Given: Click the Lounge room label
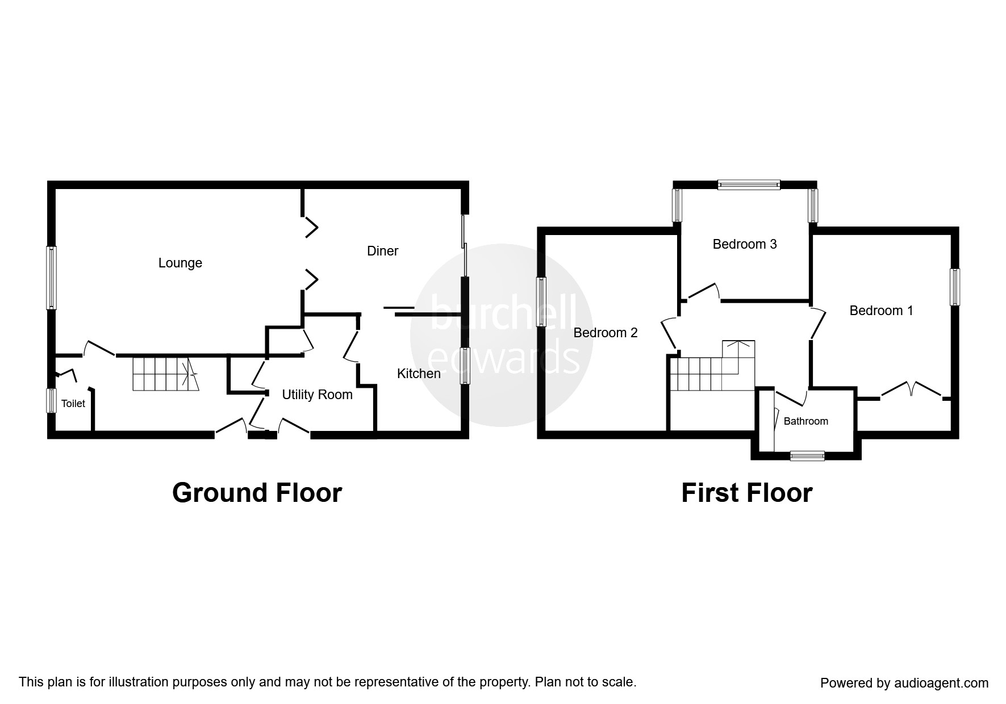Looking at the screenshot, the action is pyautogui.click(x=180, y=263).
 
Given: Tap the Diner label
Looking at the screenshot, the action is pyautogui.click(x=383, y=251).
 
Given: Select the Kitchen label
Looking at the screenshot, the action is pyautogui.click(x=419, y=374).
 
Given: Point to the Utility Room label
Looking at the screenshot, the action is pyautogui.click(x=317, y=395).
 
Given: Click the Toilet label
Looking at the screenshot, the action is pyautogui.click(x=73, y=404).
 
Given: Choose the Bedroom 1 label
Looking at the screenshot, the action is pyautogui.click(x=881, y=311).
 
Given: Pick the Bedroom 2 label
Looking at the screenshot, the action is pyautogui.click(x=606, y=333).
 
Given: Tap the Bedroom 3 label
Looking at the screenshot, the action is pyautogui.click(x=745, y=244).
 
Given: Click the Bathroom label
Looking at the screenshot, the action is pyautogui.click(x=805, y=421).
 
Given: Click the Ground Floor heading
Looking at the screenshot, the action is pyautogui.click(x=257, y=493).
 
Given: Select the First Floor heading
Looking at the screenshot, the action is pyautogui.click(x=746, y=493).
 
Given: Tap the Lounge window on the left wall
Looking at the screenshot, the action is pyautogui.click(x=52, y=278).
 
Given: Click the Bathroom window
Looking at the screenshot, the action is pyautogui.click(x=807, y=455).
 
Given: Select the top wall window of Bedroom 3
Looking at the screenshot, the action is pyautogui.click(x=749, y=185).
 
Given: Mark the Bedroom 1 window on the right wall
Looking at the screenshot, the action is pyautogui.click(x=955, y=287).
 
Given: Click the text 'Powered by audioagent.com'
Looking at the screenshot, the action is pyautogui.click(x=904, y=683).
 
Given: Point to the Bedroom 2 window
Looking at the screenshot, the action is pyautogui.click(x=542, y=302).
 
